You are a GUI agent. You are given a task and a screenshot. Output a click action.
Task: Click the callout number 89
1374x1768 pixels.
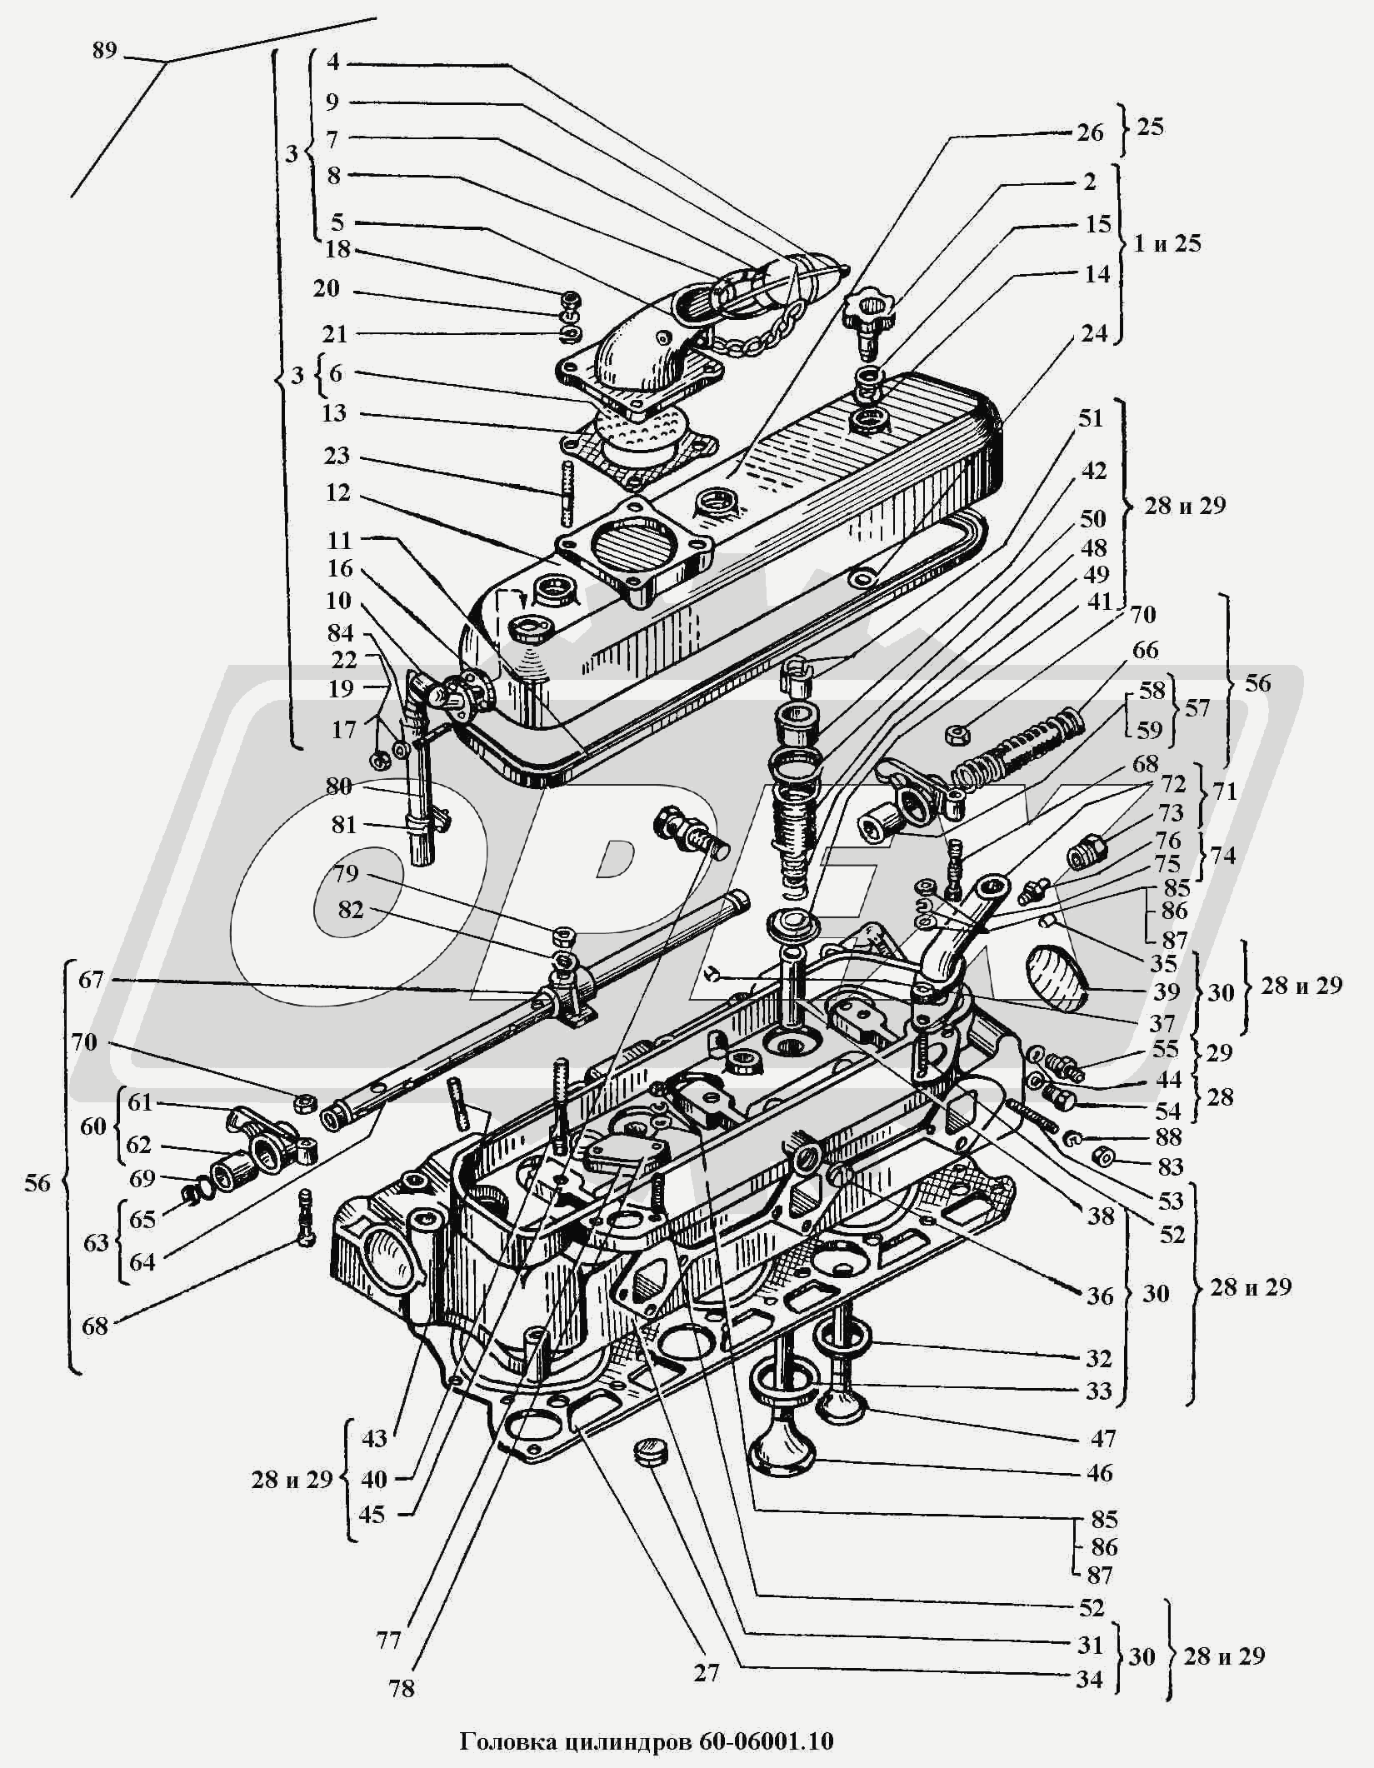(x=103, y=52)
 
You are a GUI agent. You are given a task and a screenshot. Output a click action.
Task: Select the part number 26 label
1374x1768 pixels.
(x=1090, y=133)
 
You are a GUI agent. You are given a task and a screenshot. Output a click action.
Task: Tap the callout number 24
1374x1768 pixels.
(x=1094, y=333)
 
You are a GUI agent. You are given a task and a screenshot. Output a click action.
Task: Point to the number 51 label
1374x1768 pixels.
(x=1091, y=418)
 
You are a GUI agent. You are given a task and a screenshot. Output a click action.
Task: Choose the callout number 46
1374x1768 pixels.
(x=1100, y=1473)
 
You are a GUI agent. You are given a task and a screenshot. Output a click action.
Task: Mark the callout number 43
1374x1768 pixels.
(x=375, y=1438)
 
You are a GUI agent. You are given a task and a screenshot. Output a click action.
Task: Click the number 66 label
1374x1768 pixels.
(x=1146, y=650)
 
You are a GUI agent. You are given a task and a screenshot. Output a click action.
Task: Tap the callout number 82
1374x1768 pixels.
(x=350, y=910)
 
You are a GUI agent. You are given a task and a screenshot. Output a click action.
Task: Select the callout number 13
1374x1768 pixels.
(x=334, y=414)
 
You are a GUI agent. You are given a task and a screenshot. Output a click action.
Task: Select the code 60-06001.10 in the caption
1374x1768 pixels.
(x=766, y=1741)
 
